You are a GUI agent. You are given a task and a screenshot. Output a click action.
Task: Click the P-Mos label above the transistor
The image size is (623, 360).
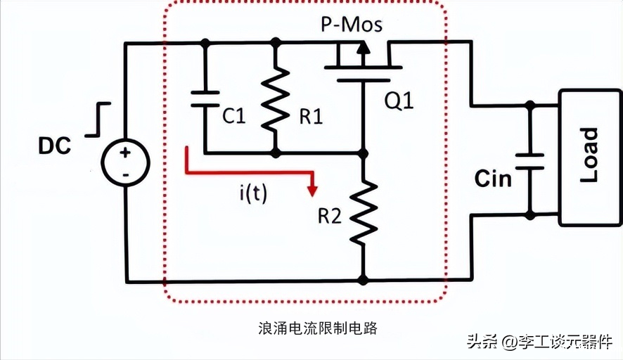(352, 24)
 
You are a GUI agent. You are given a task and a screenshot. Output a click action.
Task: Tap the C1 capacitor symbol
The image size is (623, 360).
(205, 99)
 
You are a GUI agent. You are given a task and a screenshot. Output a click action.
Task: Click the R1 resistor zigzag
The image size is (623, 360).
(276, 99)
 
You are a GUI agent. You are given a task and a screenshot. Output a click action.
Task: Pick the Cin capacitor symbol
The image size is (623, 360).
(529, 162)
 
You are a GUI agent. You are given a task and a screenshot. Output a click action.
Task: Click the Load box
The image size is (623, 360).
(590, 158)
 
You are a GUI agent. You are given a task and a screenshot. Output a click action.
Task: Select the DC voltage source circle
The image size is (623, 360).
(126, 163)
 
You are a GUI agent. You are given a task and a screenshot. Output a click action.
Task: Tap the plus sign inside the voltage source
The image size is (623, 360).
(126, 153)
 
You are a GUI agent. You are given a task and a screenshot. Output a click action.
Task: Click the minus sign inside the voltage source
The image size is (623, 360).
(126, 174)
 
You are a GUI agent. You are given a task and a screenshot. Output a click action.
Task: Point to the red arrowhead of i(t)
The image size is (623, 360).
(313, 191)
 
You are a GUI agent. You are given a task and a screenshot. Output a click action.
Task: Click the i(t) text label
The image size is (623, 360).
(254, 193)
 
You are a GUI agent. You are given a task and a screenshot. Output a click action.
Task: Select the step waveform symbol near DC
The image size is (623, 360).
(98, 120)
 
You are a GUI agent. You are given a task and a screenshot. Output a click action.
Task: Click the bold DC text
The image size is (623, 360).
(55, 146)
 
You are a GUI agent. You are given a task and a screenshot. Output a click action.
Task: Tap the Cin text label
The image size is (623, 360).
(493, 179)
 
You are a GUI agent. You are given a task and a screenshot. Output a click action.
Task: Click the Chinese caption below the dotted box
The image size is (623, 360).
(317, 328)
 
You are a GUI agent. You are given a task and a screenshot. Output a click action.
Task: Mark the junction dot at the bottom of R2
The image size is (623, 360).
(363, 280)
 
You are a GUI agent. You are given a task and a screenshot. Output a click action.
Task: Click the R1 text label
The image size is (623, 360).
(311, 117)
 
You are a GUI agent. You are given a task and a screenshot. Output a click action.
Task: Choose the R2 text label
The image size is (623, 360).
(329, 216)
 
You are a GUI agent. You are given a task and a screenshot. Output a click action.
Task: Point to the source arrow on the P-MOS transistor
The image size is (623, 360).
(362, 49)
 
